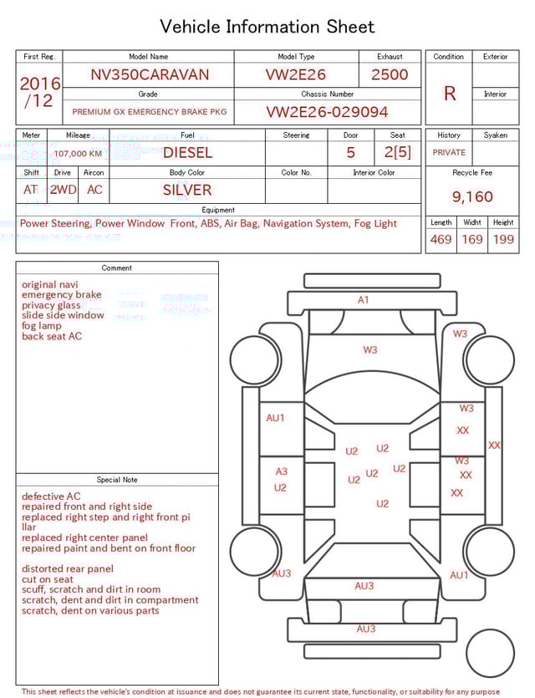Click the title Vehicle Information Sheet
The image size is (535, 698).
coord(267,27)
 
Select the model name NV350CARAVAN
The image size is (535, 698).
coord(150,74)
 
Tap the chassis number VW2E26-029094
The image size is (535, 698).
coord(327,112)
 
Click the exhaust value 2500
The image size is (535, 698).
coord(390,74)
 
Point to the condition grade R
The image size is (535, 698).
coord(449,94)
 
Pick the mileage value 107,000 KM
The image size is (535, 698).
coord(78,154)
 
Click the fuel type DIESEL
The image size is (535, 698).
coord(187,153)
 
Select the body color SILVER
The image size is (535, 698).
coord(187,190)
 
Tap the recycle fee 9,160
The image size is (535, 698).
coord(472,197)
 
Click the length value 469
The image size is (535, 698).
coord(441,240)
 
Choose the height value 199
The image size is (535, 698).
coord(503,240)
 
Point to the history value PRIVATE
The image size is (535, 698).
coord(449,153)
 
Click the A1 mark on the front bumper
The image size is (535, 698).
coord(363,300)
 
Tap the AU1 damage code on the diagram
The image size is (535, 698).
coord(275,418)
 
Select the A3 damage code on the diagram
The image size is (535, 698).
coord(281,471)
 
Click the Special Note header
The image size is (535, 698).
coord(117,480)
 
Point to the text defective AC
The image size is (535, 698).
coord(51,497)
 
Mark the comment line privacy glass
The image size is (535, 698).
coord(51,306)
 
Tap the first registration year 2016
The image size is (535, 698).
coord(39,84)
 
